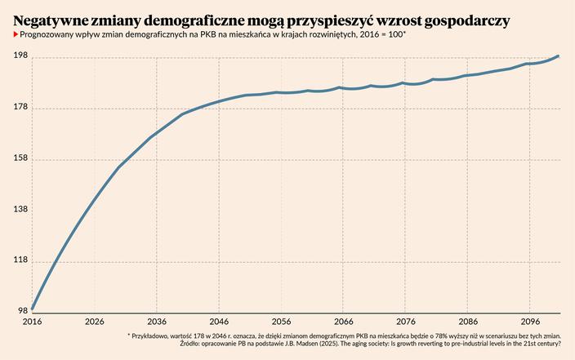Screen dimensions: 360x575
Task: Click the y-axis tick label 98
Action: [x=22, y=310]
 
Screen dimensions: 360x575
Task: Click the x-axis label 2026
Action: [x=94, y=322]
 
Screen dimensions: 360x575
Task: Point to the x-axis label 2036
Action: [x=157, y=322]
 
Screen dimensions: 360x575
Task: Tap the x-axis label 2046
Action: [x=220, y=322]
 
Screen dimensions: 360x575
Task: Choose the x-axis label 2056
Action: [x=282, y=322]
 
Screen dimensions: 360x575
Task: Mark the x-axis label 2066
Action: [x=344, y=322]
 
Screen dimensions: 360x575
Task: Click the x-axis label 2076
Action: [x=407, y=322]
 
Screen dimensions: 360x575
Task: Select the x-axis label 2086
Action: [x=469, y=322]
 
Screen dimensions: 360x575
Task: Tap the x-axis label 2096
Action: [x=532, y=322]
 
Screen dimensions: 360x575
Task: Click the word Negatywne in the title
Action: [x=56, y=19]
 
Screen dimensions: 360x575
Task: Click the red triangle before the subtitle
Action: [x=16, y=36]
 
